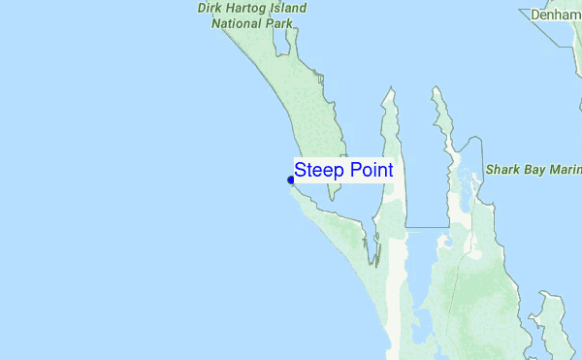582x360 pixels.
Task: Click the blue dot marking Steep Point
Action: click(291, 180)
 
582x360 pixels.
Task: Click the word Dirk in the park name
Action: click(212, 8)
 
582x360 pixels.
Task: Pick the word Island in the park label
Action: click(290, 8)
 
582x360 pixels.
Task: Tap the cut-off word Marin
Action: click(568, 169)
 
